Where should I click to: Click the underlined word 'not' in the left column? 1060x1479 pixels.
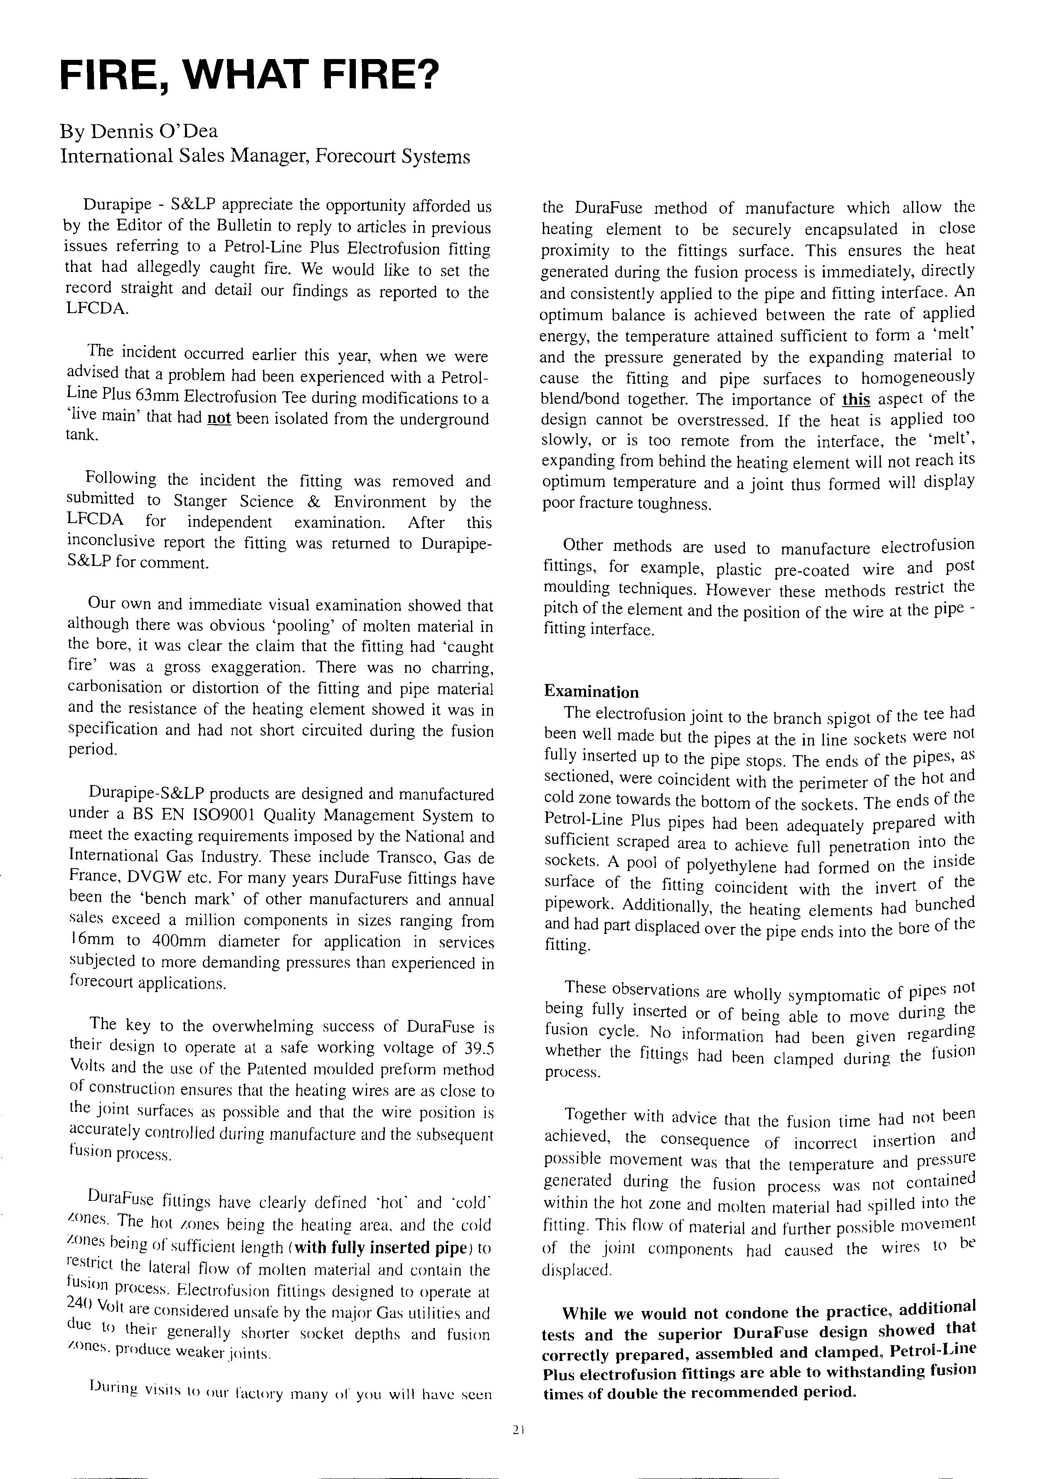219,417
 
